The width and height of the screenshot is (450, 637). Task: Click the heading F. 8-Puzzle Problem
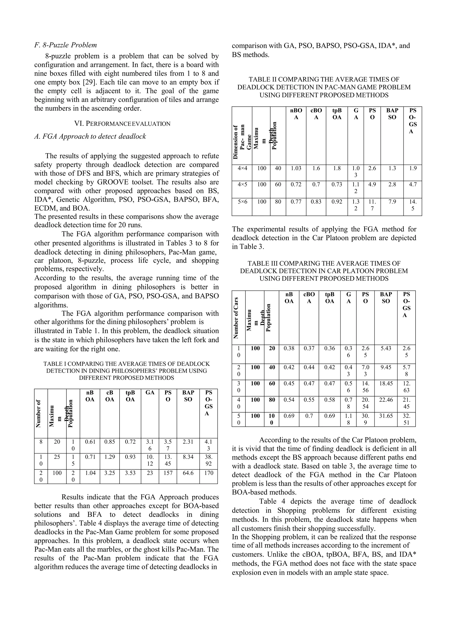[x=65, y=45]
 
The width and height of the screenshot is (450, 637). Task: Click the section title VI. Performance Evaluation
[x=122, y=124]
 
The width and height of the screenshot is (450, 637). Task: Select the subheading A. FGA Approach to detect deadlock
[x=90, y=136]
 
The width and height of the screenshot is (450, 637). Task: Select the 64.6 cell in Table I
[x=188, y=473]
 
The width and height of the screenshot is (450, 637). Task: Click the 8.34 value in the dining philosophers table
[x=188, y=456]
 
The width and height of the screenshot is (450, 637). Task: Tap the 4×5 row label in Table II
[x=242, y=184]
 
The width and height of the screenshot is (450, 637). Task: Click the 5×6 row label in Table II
[x=242, y=201]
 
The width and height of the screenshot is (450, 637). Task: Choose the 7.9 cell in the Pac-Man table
[x=392, y=201]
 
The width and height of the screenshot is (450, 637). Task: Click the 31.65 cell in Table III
[x=386, y=416]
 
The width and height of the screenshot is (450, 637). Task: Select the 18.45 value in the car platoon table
[x=386, y=383]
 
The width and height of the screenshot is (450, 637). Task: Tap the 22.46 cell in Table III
[x=386, y=400]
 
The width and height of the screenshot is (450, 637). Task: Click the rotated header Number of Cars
[x=236, y=318]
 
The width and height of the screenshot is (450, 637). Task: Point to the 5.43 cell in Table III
[x=386, y=348]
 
